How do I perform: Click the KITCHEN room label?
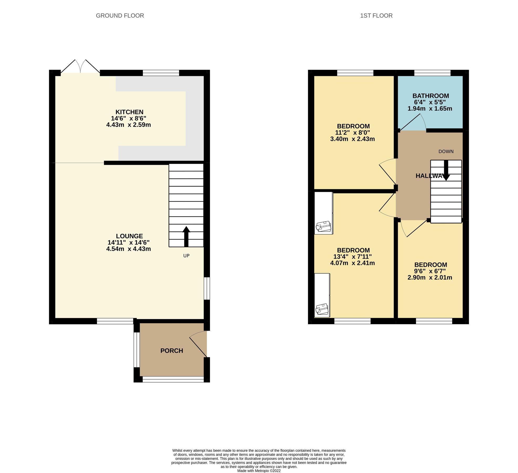(129, 112)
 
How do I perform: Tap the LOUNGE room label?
(129, 236)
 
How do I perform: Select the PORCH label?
(171, 351)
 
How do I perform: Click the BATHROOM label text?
(431, 96)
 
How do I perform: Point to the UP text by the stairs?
(186, 256)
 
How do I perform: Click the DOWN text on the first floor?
(446, 152)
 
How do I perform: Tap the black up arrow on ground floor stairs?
(186, 236)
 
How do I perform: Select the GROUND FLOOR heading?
(120, 16)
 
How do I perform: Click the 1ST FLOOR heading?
(376, 16)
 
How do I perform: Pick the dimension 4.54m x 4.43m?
(128, 249)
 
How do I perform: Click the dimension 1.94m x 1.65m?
(430, 109)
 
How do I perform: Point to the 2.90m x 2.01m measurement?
(430, 277)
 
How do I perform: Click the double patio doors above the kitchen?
(80, 67)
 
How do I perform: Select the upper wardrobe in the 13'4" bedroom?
(323, 213)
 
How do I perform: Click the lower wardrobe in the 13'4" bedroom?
(322, 295)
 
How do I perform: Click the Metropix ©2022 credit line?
(259, 471)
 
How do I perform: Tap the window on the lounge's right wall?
(207, 288)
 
